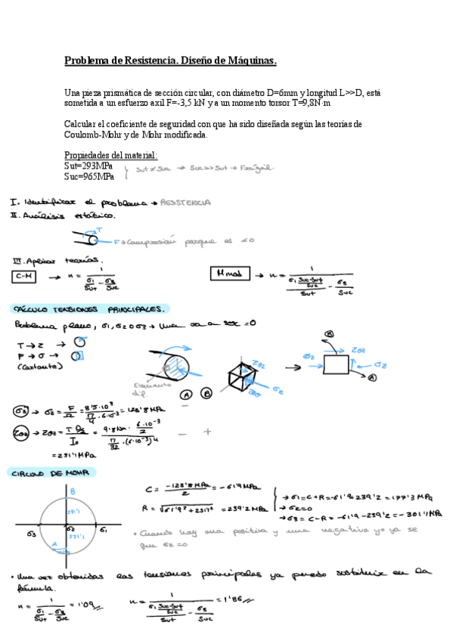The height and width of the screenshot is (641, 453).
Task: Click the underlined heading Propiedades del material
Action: tap(111, 155)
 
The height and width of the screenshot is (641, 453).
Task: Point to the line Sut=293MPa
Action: tap(90, 166)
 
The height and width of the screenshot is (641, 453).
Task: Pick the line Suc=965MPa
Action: tap(90, 177)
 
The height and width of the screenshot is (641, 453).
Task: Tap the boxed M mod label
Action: tap(228, 274)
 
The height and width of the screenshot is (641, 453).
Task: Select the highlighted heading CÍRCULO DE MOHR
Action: tap(48, 472)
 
